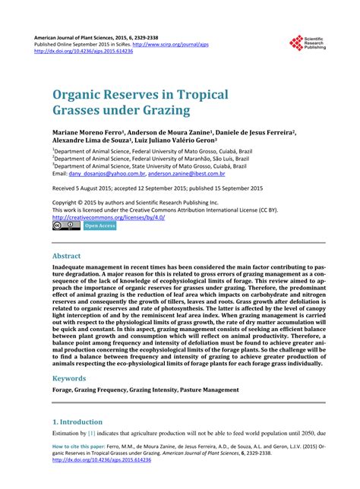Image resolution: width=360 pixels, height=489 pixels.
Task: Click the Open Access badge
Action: click(99, 226)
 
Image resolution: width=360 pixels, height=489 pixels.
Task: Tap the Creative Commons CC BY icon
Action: click(66, 226)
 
